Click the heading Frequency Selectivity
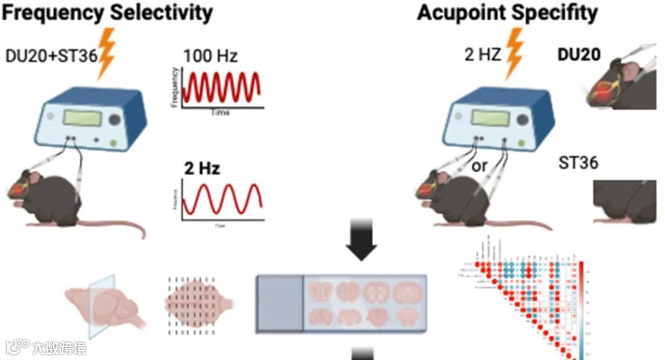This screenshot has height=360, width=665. click(107, 12)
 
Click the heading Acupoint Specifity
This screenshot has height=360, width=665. click(507, 12)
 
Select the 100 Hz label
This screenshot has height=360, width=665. click(210, 57)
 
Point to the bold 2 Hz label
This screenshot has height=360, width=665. click(201, 168)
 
